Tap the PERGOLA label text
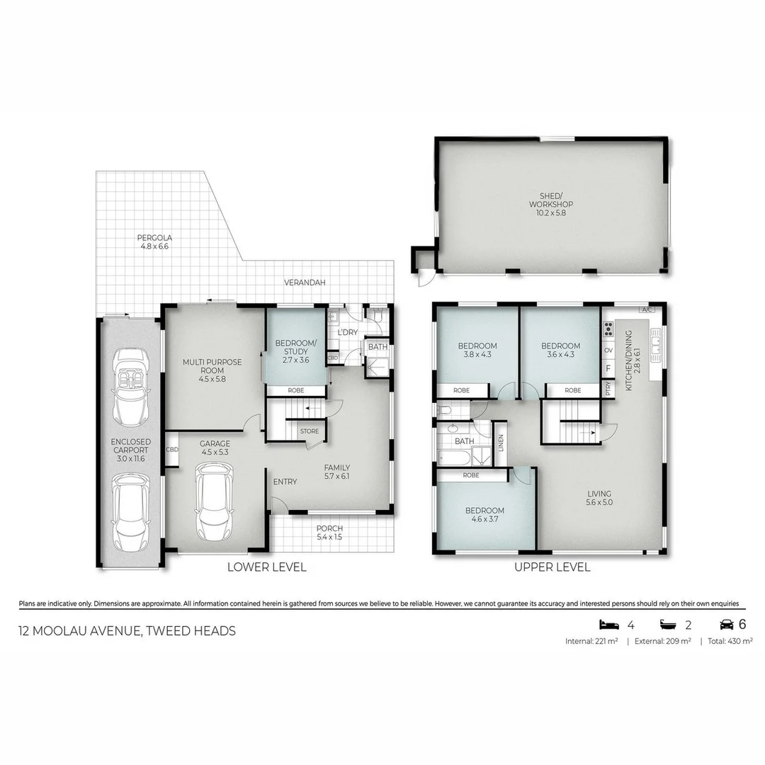(x=155, y=242)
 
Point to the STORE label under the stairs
(x=310, y=431)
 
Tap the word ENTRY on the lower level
(x=285, y=482)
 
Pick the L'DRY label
(x=347, y=332)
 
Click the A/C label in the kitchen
(x=645, y=310)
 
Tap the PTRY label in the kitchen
(x=608, y=388)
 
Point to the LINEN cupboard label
(x=501, y=442)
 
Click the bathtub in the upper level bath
(x=453, y=458)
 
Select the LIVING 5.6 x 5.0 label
(x=599, y=498)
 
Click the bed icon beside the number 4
(x=608, y=624)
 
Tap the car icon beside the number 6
(x=726, y=624)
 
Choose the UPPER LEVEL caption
(x=552, y=567)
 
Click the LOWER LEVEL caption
(x=266, y=567)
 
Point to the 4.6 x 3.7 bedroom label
(x=484, y=515)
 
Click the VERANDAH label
(x=305, y=283)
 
